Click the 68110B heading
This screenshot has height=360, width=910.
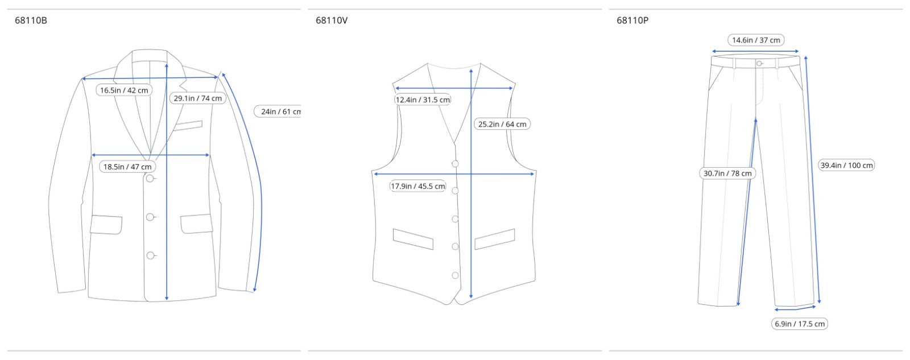pyautogui.click(x=31, y=20)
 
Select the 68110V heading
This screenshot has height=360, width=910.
pyautogui.click(x=332, y=20)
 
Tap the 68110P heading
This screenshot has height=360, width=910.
pyautogui.click(x=632, y=20)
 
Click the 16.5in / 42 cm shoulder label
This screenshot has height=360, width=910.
pyautogui.click(x=125, y=90)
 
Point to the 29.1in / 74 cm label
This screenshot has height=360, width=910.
pyautogui.click(x=198, y=98)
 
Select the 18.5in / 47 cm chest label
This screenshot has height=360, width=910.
pyautogui.click(x=127, y=167)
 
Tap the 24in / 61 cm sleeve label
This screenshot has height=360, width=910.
pyautogui.click(x=278, y=111)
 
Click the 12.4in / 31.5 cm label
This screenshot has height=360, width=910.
pyautogui.click(x=423, y=100)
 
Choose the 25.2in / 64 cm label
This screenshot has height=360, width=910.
pyautogui.click(x=502, y=124)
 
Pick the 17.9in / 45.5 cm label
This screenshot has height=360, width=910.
pyautogui.click(x=418, y=186)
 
